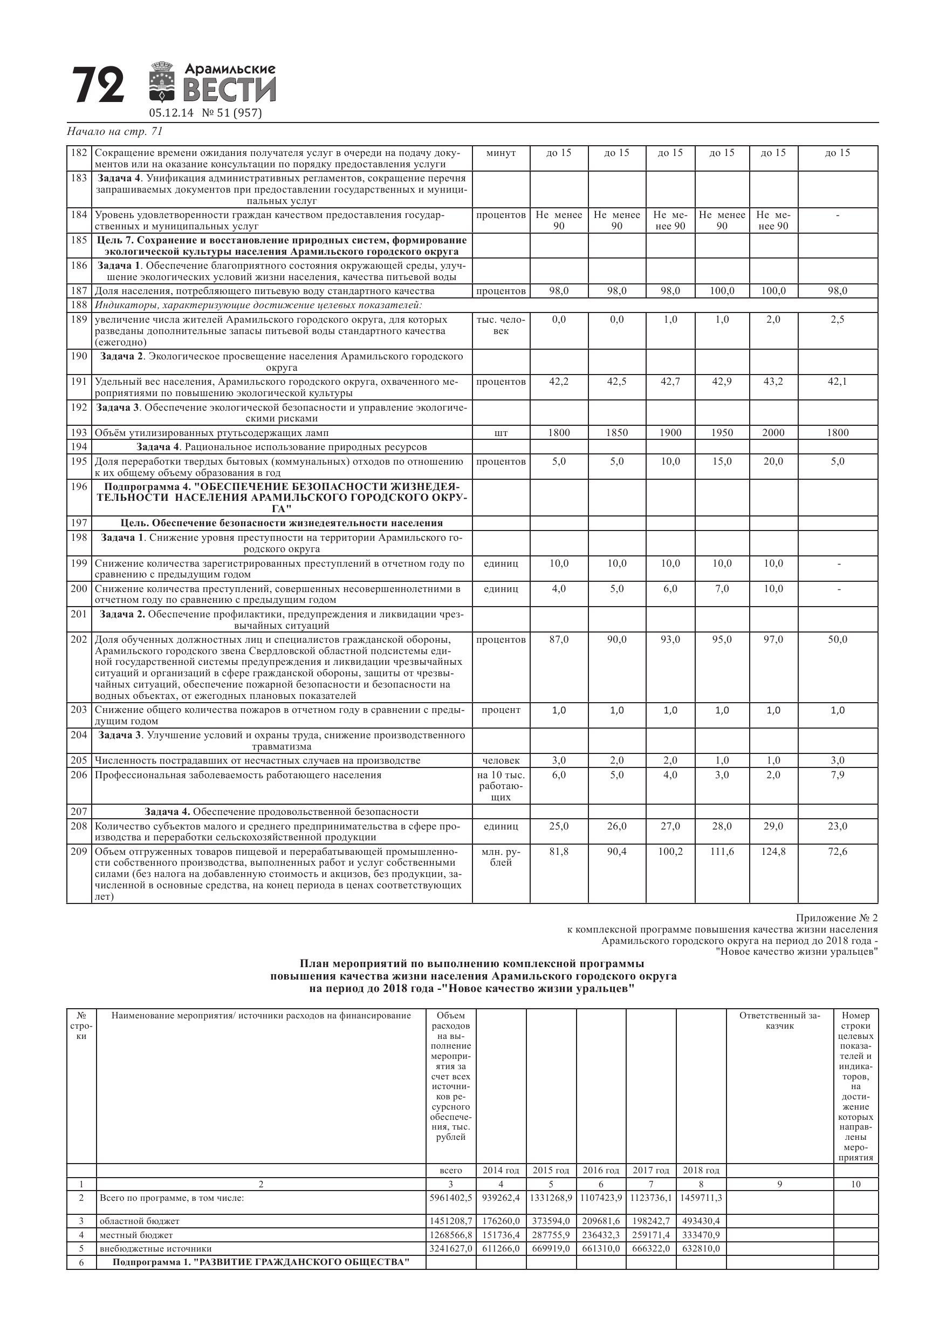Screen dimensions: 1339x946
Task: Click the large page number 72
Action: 98,85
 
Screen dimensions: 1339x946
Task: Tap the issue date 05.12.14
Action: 171,113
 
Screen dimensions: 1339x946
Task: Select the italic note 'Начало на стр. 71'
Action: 114,131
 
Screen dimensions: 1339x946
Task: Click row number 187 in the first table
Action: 79,291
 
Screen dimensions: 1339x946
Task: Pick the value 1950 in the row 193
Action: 722,433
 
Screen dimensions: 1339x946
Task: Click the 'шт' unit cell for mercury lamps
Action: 501,433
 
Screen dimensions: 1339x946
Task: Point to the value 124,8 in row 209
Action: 773,852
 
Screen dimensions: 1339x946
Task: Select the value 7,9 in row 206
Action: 838,775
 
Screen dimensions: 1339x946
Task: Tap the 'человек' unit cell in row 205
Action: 501,760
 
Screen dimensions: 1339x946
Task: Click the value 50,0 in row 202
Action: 838,640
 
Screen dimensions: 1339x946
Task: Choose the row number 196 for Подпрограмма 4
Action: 79,487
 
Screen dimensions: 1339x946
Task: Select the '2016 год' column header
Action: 601,1170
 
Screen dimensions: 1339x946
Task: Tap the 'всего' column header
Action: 450,1170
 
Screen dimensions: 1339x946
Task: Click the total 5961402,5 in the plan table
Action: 450,1198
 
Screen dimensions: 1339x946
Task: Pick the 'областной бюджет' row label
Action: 139,1221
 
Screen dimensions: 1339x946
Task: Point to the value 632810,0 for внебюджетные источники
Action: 701,1249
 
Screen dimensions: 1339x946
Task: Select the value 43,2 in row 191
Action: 773,382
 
